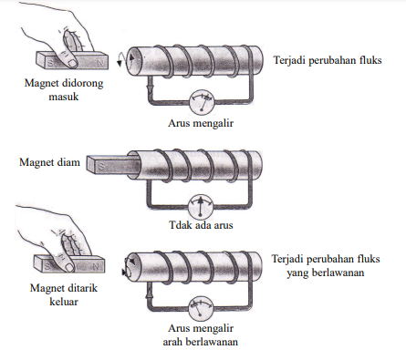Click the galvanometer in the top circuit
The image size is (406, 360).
click(x=202, y=102)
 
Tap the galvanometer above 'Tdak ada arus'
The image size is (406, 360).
click(x=201, y=206)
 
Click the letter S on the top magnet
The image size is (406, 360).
click(x=50, y=64)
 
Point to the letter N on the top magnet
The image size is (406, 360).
click(x=100, y=63)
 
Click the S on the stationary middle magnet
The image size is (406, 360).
click(x=101, y=167)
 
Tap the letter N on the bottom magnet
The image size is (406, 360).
click(x=96, y=266)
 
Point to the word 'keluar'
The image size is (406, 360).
click(x=64, y=302)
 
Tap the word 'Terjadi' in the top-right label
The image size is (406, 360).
click(x=290, y=60)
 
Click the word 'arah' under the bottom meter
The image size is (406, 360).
click(x=172, y=342)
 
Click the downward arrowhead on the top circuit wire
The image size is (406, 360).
click(x=150, y=87)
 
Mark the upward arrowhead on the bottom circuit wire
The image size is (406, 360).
click(x=149, y=293)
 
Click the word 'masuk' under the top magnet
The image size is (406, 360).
click(x=64, y=97)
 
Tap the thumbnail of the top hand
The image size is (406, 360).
click(x=72, y=63)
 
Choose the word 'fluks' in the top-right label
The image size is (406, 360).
click(x=370, y=60)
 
